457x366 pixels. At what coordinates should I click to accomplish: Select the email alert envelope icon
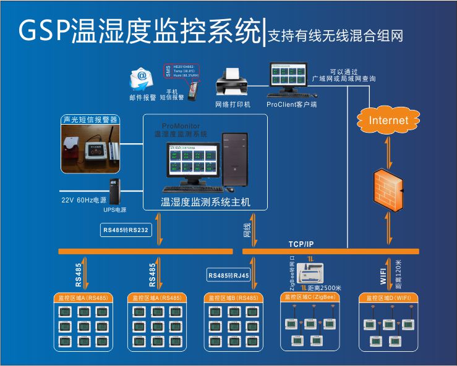click(x=141, y=78)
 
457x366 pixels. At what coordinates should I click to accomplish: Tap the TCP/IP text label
click(x=301, y=244)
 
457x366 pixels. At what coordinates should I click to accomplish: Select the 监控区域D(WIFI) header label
click(x=389, y=297)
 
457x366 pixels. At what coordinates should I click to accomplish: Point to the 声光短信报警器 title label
click(x=90, y=120)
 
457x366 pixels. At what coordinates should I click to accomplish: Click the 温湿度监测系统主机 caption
click(x=205, y=202)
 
